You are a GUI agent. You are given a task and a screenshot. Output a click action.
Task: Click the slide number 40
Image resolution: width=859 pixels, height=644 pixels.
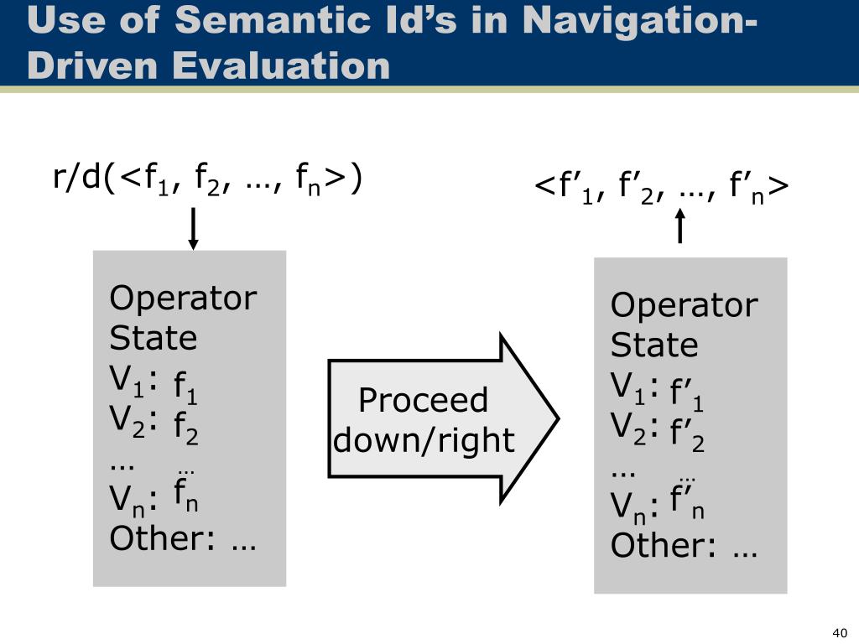[x=840, y=631]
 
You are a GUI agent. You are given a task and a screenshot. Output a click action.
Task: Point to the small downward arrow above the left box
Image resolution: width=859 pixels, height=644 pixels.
[x=194, y=229]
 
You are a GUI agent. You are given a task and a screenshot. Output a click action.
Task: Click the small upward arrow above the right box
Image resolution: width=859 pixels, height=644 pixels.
[x=679, y=226]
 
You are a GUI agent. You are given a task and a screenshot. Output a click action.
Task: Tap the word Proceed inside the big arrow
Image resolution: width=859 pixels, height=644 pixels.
[x=423, y=400]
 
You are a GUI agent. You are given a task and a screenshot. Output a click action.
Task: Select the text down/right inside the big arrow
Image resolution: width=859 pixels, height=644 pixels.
[x=424, y=439]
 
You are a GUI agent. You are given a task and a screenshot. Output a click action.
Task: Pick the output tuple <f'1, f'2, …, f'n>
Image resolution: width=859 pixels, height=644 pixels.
[x=662, y=189]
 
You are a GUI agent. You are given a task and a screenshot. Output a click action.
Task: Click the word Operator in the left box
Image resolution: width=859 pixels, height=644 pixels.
[x=183, y=298]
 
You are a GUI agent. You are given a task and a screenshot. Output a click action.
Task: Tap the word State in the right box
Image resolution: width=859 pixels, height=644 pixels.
[x=653, y=345]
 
